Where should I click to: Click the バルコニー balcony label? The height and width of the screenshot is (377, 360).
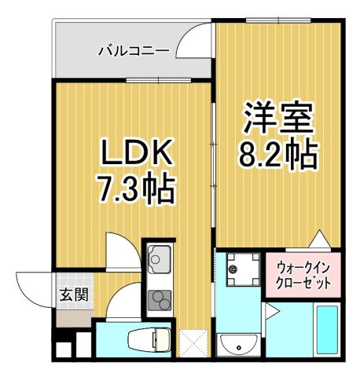134,50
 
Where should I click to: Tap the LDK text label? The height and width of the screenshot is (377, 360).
135,152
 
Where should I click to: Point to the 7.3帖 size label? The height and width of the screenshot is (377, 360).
136,188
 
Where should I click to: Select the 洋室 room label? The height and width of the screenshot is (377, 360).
278,117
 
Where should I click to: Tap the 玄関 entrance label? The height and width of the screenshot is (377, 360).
74,295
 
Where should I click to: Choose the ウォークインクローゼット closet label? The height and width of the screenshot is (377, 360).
303,275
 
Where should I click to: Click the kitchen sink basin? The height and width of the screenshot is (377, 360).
159,259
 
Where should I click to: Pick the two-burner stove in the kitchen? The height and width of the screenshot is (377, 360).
160,300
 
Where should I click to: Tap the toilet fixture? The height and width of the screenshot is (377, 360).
149,339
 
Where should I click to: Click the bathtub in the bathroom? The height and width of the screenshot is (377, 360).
327,330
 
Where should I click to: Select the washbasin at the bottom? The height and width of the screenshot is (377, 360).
238,345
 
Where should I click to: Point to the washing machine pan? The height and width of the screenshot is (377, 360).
243,269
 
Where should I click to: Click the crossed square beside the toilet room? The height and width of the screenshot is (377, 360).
193,342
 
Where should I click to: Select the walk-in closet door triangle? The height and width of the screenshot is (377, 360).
320,239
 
